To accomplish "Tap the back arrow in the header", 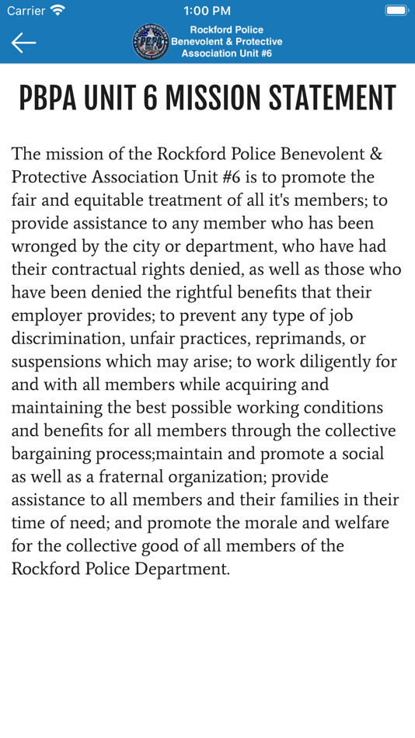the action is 23,43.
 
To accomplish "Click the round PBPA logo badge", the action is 151,42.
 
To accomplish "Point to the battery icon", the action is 396,11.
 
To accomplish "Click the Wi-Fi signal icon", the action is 58,11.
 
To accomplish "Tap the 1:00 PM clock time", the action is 207,11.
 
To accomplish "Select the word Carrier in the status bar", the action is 26,11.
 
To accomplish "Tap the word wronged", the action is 44,247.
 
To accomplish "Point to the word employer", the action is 46,315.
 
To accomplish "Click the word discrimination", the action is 65,339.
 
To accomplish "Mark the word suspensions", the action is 58,362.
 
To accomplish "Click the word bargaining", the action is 51,454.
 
